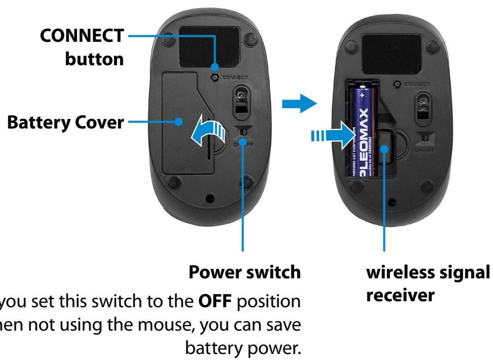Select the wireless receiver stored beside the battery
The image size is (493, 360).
pos(385,148)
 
